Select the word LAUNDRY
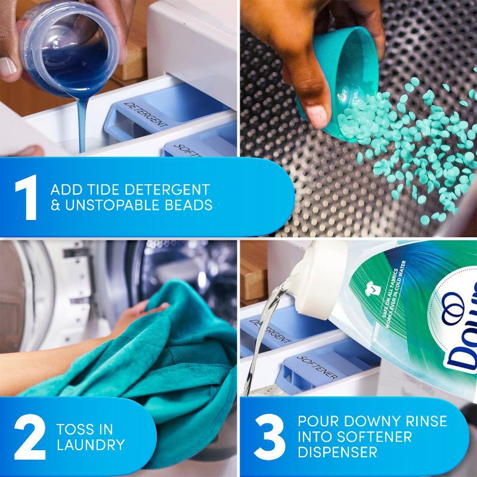[x=91, y=445]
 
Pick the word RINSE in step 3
[x=426, y=422]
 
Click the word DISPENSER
[x=337, y=453]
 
